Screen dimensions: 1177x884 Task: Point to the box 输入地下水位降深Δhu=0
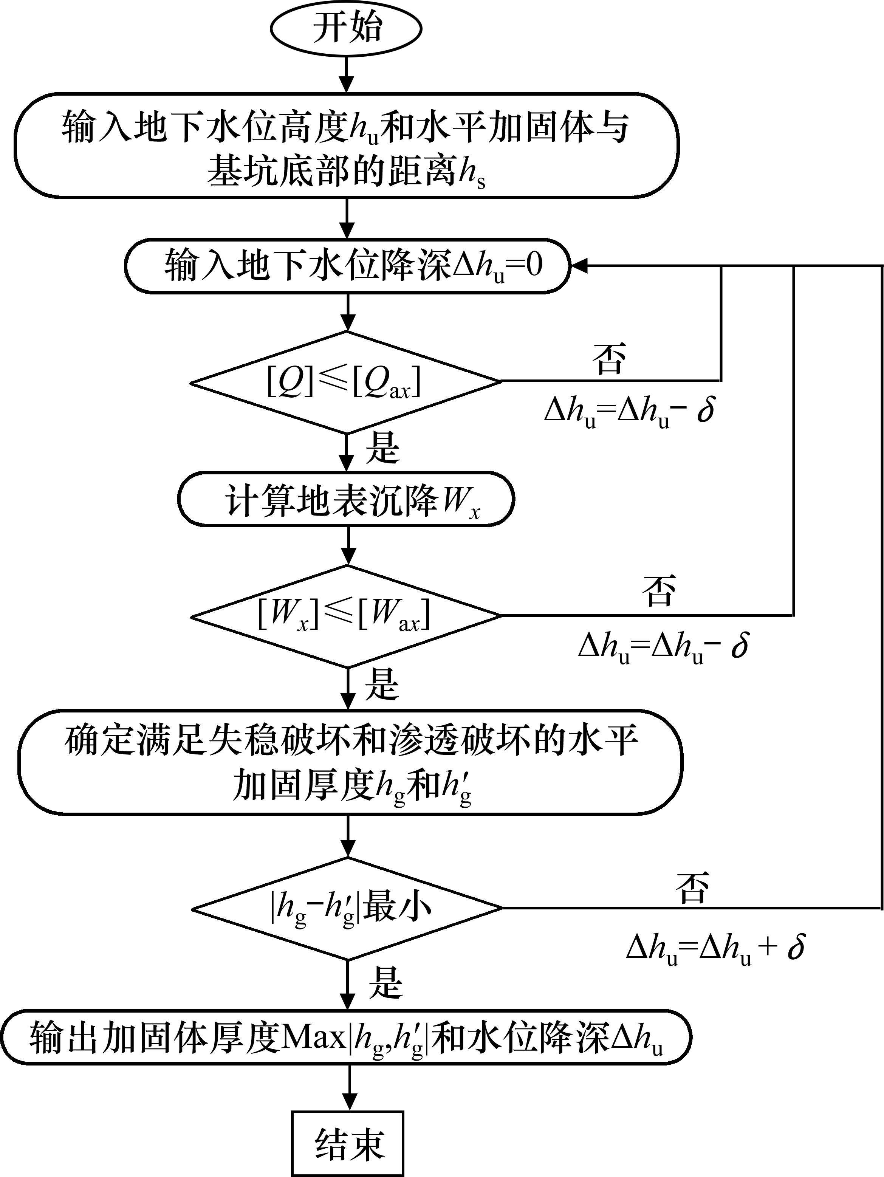coord(347,265)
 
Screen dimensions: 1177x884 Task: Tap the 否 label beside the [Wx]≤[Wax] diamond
coord(659,591)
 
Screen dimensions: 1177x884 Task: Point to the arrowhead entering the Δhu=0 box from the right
coord(579,265)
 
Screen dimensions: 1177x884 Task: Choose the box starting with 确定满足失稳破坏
coord(350,762)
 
